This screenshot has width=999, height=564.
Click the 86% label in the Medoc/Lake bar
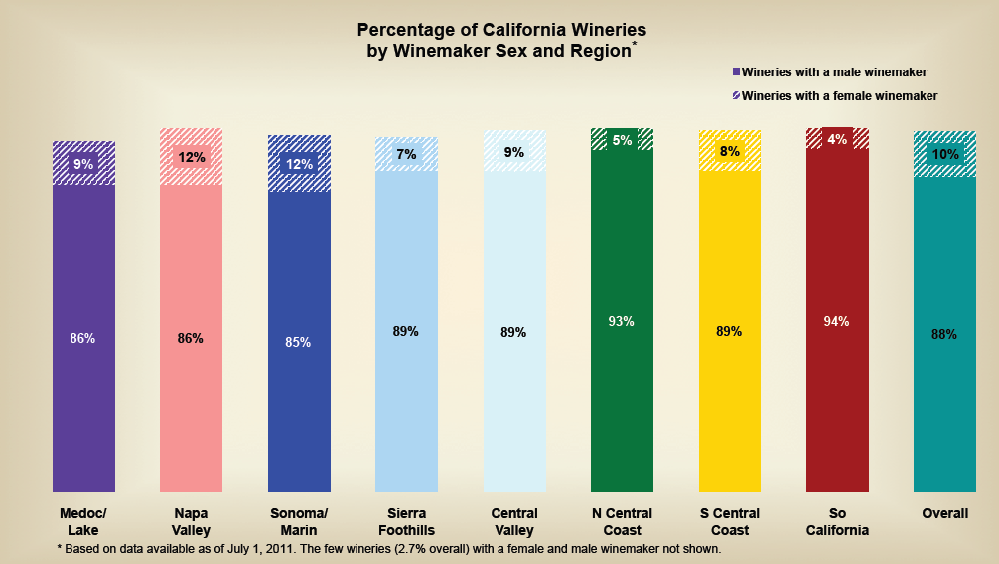click(x=82, y=339)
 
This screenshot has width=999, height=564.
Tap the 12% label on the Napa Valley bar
click(x=191, y=157)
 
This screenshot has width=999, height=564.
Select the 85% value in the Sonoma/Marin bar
click(x=298, y=342)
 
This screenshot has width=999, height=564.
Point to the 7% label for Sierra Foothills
click(x=406, y=154)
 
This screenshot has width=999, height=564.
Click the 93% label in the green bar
click(x=622, y=321)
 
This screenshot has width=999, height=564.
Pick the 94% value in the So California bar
click(x=837, y=321)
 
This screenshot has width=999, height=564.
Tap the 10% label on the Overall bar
click(x=944, y=154)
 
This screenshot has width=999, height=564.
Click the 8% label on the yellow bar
click(x=729, y=151)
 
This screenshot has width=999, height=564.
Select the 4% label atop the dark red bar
click(x=837, y=140)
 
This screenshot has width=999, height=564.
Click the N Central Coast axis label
click(x=622, y=521)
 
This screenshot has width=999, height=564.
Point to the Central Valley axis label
click(x=514, y=521)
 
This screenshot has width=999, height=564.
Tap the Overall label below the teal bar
click(x=944, y=513)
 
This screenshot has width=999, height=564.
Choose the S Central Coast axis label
click(x=729, y=521)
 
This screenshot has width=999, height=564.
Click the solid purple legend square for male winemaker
click(x=736, y=71)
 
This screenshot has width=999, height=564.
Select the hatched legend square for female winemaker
click(x=736, y=95)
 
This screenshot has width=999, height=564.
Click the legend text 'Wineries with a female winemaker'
click(x=839, y=95)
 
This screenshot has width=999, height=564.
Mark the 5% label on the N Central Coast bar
click(x=622, y=140)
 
